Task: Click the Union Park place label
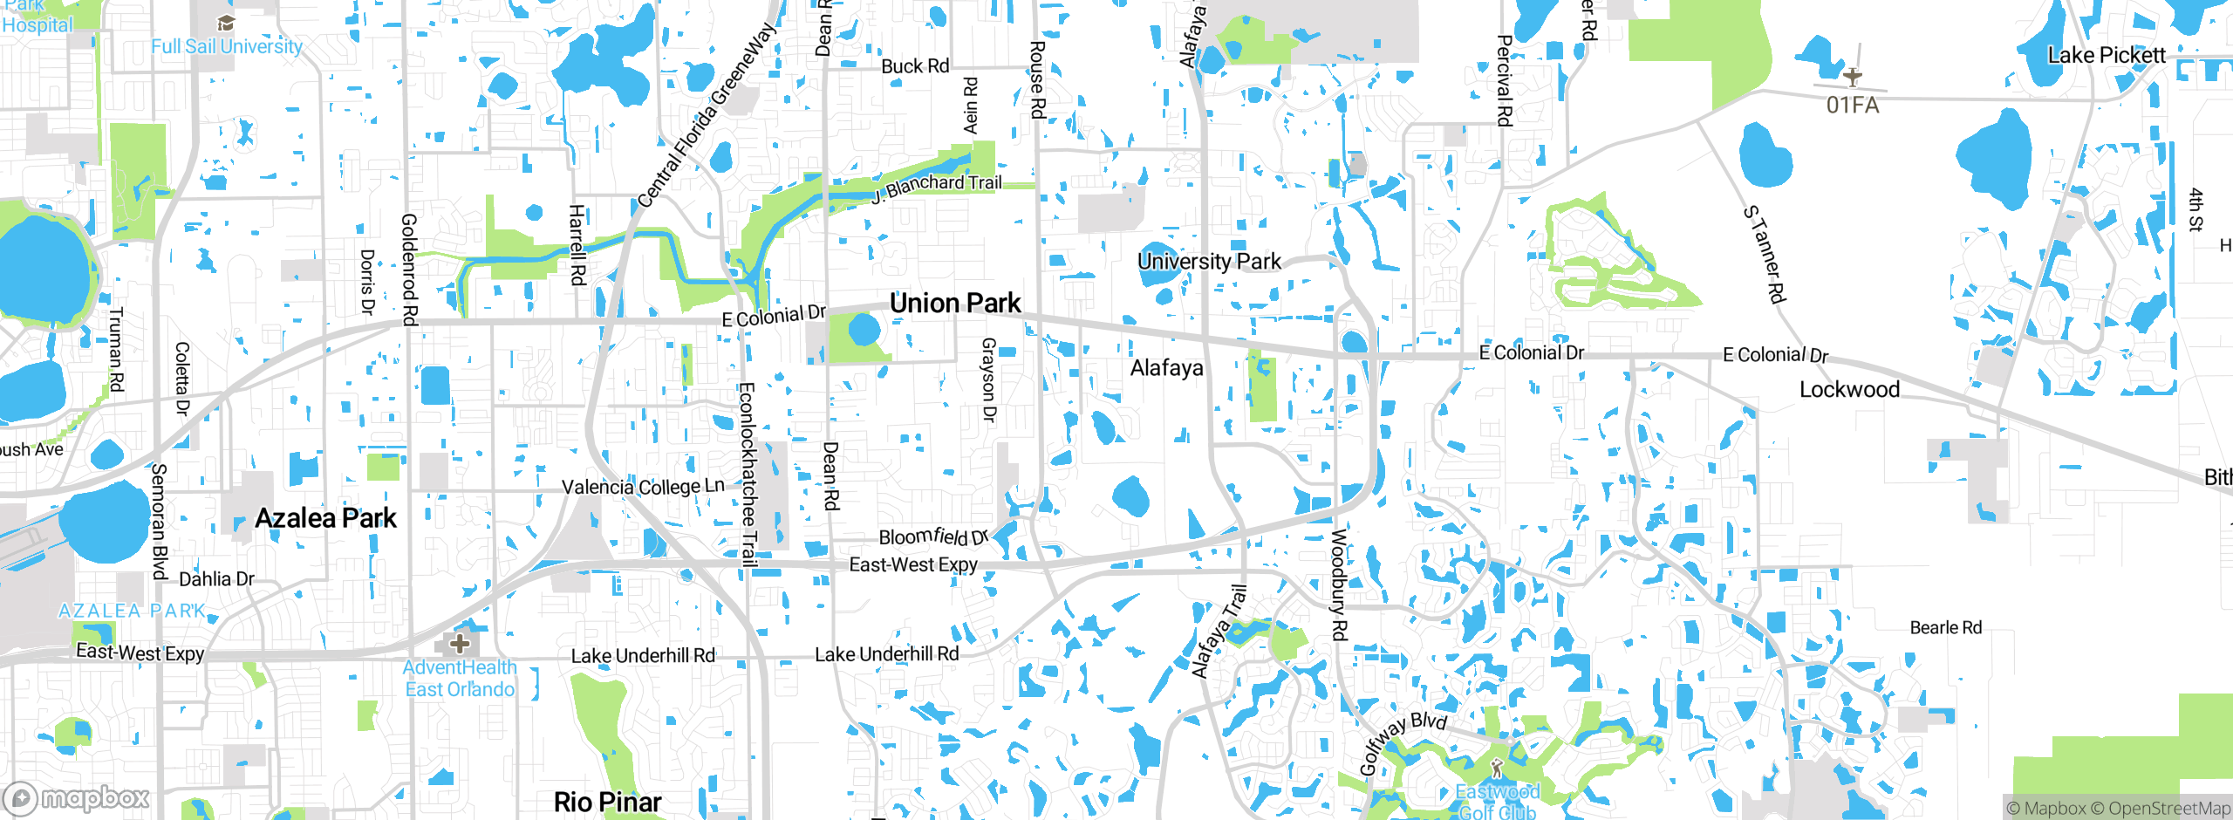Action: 954,304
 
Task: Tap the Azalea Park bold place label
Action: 325,518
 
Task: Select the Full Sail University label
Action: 227,46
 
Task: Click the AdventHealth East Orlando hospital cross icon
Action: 460,645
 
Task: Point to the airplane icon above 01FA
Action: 1853,77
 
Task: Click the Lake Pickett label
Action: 2106,56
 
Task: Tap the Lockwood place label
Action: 1849,389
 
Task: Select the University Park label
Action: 1209,261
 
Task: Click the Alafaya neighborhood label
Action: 1166,368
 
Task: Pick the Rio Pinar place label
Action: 607,802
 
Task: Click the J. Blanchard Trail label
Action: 937,187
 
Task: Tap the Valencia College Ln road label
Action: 643,487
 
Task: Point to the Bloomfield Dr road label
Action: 932,536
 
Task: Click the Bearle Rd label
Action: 1945,627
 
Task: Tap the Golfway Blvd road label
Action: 1402,741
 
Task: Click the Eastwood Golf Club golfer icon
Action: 1497,769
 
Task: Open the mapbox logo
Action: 77,797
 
